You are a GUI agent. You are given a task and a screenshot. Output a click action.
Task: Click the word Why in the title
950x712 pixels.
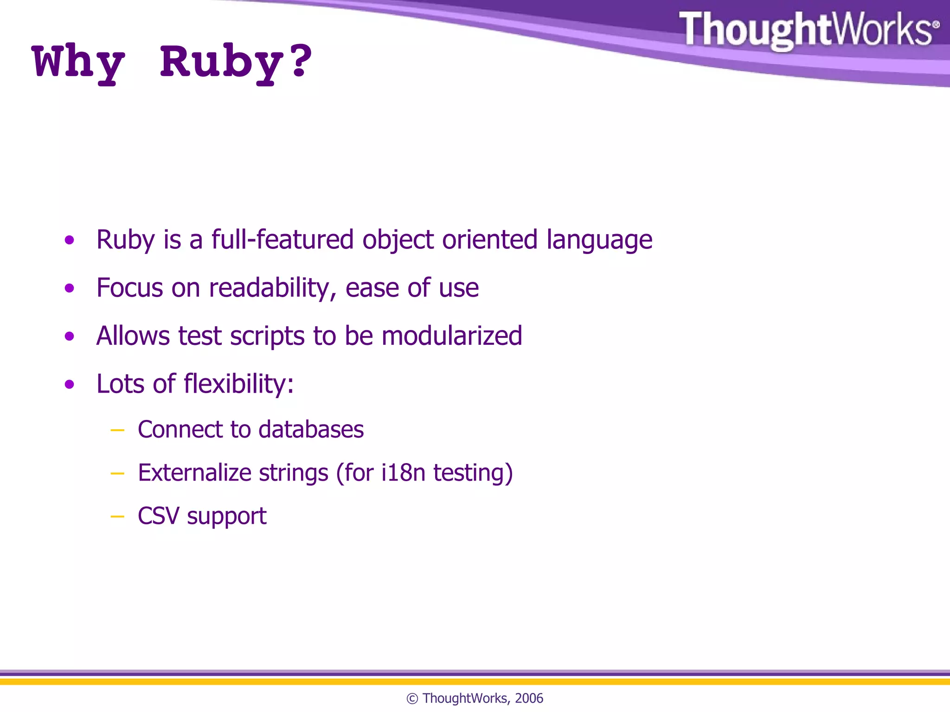coord(79,63)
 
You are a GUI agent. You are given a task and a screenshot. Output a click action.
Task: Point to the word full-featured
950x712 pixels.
coord(282,240)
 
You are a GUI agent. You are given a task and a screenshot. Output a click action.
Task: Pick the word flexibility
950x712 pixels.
coord(238,384)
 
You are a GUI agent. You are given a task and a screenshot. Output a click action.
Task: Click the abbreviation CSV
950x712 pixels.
coord(158,516)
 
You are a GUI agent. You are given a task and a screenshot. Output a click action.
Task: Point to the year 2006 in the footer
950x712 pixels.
coord(529,698)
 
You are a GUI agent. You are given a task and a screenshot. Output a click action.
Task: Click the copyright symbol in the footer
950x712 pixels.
coord(412,699)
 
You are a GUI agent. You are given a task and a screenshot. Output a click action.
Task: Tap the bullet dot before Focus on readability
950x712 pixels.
coord(70,288)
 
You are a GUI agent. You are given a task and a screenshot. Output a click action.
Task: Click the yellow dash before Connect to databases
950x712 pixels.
coord(117,431)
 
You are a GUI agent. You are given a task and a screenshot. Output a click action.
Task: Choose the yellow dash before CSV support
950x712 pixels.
coord(117,517)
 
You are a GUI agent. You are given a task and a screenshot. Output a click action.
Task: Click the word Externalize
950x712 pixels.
coord(194,473)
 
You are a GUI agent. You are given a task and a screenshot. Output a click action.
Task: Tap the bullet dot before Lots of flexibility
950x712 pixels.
coord(70,384)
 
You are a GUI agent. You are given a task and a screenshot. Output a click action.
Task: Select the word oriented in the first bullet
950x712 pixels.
coord(489,240)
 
